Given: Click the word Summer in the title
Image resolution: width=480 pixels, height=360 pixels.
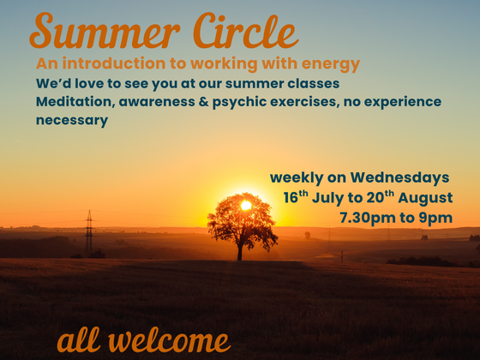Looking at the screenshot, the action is coord(105,31).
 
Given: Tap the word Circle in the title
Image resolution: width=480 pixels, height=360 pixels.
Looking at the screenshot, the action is coord(245,31).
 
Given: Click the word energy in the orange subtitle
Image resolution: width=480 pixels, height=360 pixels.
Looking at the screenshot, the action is coord(331,64).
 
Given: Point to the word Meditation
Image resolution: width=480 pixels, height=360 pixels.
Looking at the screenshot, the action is coord(75,102).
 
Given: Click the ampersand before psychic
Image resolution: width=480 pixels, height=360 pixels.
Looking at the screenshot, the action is coord(203,102).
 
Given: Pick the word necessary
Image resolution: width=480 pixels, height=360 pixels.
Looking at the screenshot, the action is coord(72,121).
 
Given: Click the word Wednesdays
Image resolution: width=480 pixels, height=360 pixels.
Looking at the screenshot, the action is coord(399,177).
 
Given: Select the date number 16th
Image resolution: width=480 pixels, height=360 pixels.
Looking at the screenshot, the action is coord(296,197).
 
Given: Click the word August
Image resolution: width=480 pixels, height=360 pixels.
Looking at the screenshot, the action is coord(425,198).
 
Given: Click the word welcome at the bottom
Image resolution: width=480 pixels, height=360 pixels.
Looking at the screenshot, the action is coord(170,340).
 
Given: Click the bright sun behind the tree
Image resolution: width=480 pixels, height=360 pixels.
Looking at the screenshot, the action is coord(246,206).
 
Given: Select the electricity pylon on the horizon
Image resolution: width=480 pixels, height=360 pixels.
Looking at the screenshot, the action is coord(89,233).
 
